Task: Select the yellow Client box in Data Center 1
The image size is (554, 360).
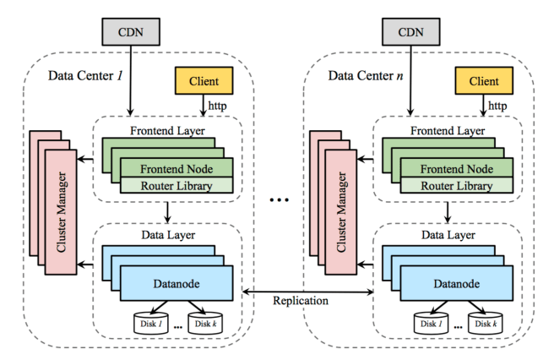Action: [x=202, y=81]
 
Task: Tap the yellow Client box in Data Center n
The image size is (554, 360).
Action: [x=483, y=81]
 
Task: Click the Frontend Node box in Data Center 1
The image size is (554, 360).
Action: [x=174, y=167]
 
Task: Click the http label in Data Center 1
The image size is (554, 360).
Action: [x=218, y=106]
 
